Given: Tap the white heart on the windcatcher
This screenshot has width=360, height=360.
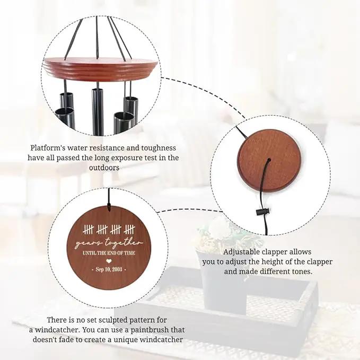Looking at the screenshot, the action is click(109, 261).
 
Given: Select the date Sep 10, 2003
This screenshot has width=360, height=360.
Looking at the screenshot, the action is click(109, 269).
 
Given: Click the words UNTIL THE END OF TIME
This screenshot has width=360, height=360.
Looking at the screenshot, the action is click(109, 253).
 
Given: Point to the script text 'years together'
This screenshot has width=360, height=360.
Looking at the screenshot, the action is click(109, 243).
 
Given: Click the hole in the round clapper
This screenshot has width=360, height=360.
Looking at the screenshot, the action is click(269, 160).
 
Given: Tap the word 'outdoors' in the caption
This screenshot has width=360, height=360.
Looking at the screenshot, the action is click(104, 168).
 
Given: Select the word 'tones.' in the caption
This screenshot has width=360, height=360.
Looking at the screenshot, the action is click(302, 271).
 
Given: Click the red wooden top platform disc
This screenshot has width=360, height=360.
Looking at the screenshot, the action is click(101, 68).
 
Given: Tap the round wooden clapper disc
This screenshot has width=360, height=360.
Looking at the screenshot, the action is click(269, 161).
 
